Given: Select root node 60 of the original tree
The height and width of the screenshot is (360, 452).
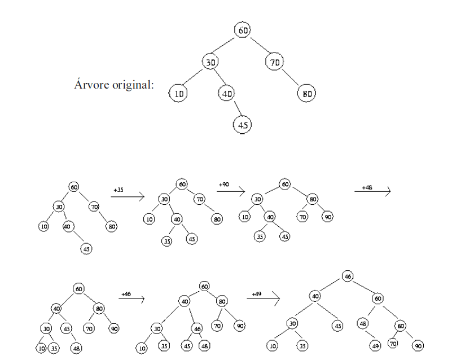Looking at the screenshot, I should [x=242, y=29].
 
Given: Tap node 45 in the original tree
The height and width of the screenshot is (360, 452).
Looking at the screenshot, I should [x=243, y=124].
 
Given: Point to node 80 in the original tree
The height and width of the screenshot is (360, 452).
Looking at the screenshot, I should [x=307, y=93].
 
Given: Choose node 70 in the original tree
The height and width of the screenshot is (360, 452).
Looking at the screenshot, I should [x=274, y=61].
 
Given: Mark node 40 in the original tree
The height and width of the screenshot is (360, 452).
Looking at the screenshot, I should [x=227, y=93].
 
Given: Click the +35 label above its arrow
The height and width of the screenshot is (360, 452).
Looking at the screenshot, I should [x=118, y=190].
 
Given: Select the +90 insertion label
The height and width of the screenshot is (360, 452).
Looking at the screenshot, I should [x=223, y=184].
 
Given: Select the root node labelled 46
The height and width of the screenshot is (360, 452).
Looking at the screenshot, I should [x=348, y=276].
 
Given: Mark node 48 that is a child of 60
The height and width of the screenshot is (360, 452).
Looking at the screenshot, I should [x=363, y=324].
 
